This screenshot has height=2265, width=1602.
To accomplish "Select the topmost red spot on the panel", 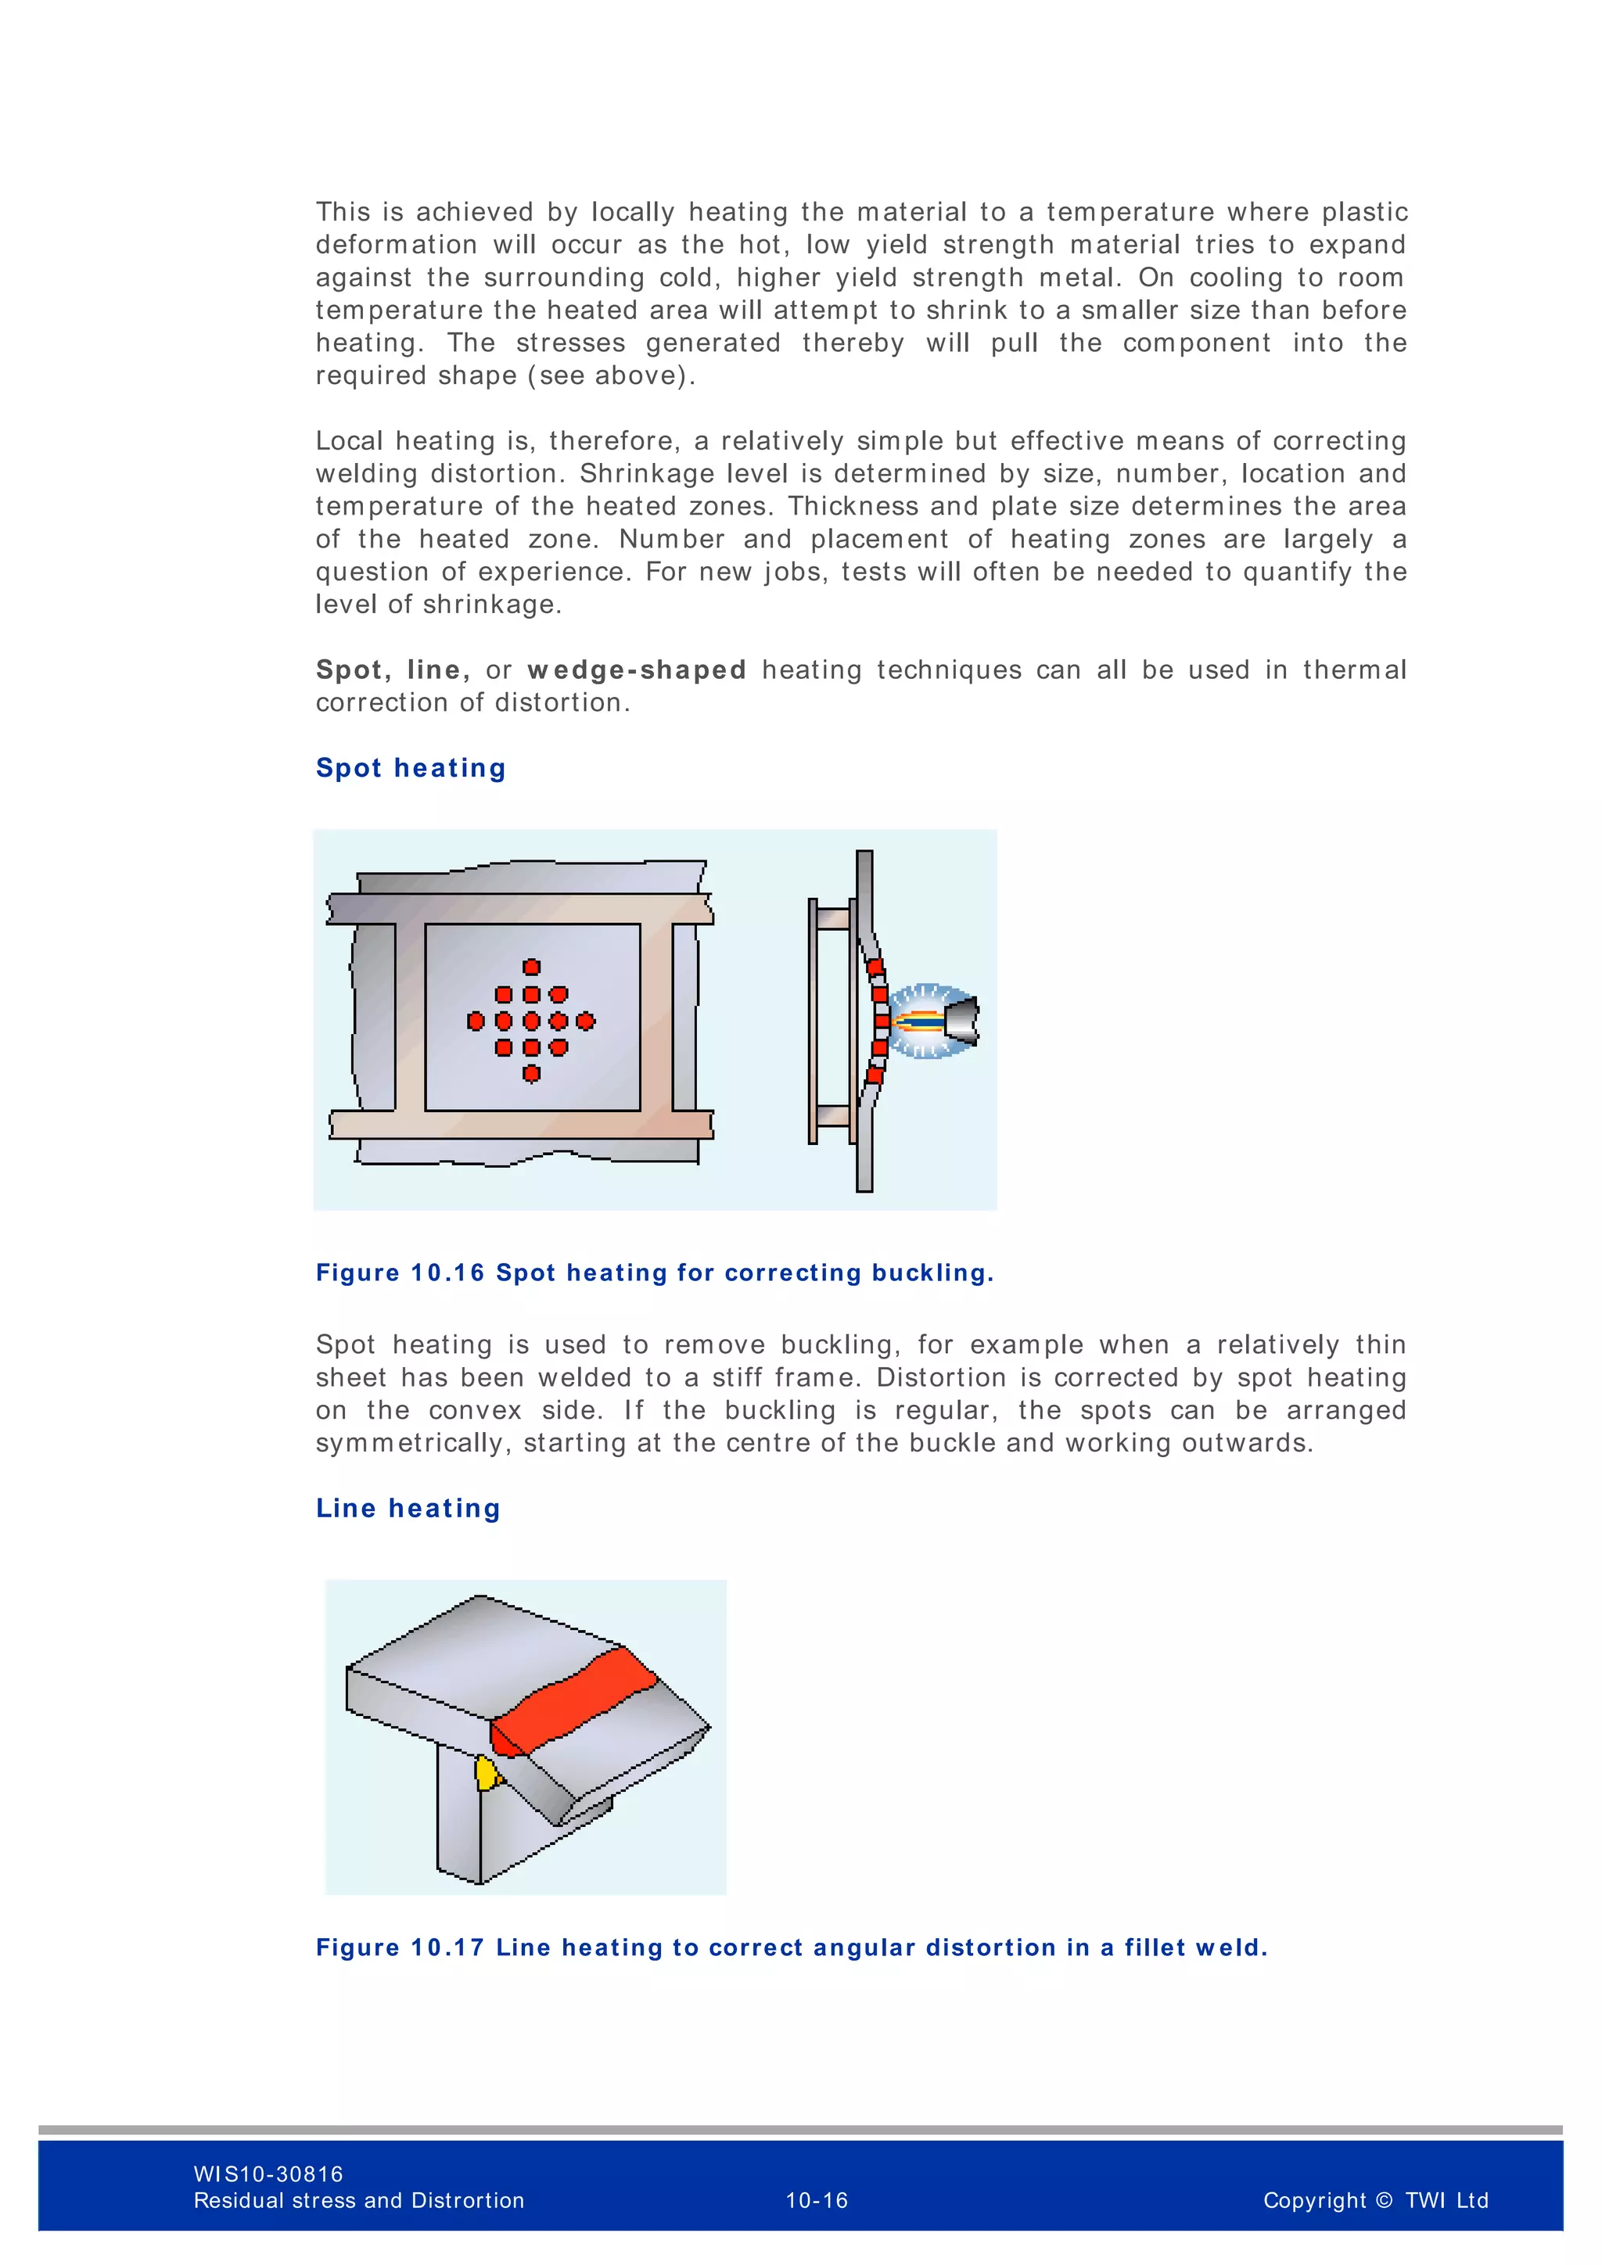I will click(530, 967).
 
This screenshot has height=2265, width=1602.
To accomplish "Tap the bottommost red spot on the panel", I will click(530, 1073).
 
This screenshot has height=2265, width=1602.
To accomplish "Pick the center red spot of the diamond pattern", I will click(530, 1021).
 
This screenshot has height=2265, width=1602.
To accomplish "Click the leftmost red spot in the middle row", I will click(476, 1021).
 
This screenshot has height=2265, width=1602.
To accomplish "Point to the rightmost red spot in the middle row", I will click(586, 1021).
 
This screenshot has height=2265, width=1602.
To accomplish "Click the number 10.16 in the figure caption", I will click(448, 1272).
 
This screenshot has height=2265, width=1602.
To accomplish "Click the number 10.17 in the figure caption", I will click(448, 1947).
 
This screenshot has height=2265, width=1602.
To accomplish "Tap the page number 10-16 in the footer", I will click(816, 2200).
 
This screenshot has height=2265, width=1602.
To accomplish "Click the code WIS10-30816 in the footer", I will click(268, 2173).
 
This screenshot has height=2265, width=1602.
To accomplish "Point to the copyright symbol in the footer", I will click(1383, 2200).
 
